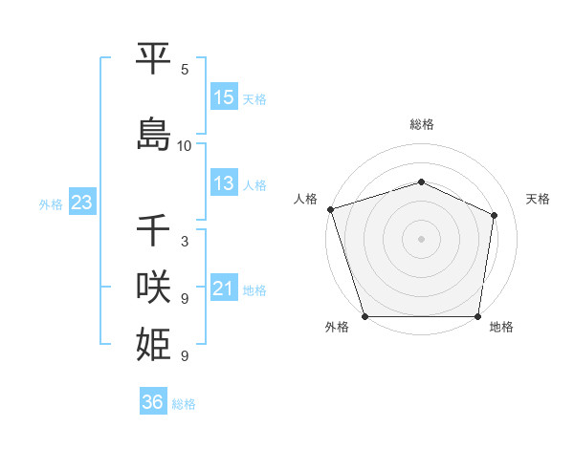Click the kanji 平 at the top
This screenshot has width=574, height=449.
tap(154, 59)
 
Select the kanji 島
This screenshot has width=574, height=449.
tap(154, 134)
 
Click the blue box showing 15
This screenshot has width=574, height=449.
tap(224, 97)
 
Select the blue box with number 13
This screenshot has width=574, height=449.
tap(224, 183)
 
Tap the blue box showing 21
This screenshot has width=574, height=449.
tap(224, 289)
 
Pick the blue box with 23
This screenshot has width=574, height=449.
tap(81, 203)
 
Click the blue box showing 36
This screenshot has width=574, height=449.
tap(152, 403)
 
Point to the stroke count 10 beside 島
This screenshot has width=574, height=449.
tap(185, 146)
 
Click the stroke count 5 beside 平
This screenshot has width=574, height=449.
tap(185, 70)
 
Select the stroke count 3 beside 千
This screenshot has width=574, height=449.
tap(185, 242)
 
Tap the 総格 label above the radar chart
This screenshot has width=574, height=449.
tap(421, 124)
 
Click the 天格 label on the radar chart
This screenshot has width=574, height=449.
tap(539, 199)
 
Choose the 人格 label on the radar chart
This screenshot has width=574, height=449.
tap(306, 199)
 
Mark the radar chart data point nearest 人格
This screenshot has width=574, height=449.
tap(330, 209)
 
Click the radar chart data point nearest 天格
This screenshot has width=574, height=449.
tap(495, 215)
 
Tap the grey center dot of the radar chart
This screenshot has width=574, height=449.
tap(421, 239)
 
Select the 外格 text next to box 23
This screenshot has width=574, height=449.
tap(51, 203)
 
